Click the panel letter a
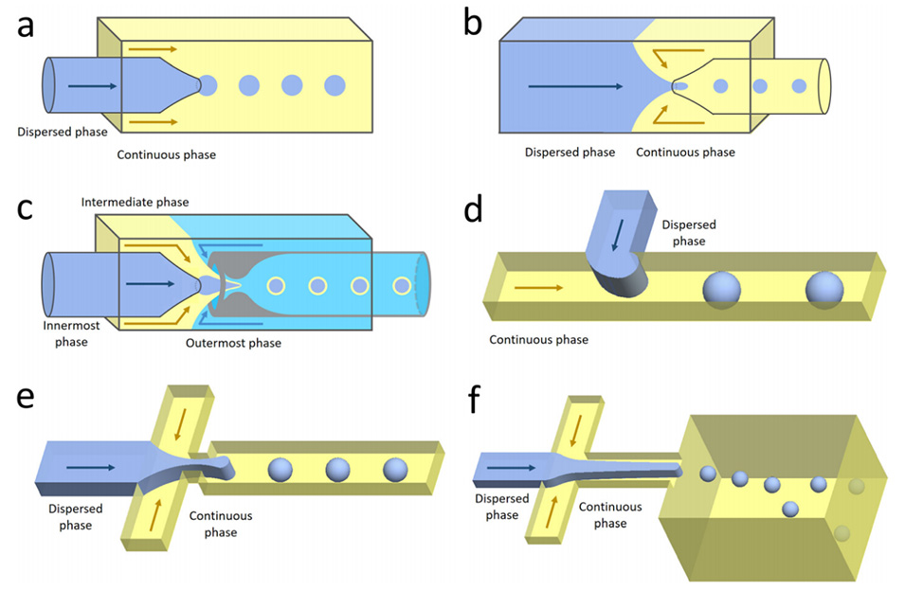[26, 26]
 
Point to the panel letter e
[26, 398]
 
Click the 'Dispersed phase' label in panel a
[62, 131]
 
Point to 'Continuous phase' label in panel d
[538, 338]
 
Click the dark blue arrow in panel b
[575, 86]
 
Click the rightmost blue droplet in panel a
[335, 85]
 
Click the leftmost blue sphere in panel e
[281, 469]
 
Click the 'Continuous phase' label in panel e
[220, 524]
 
